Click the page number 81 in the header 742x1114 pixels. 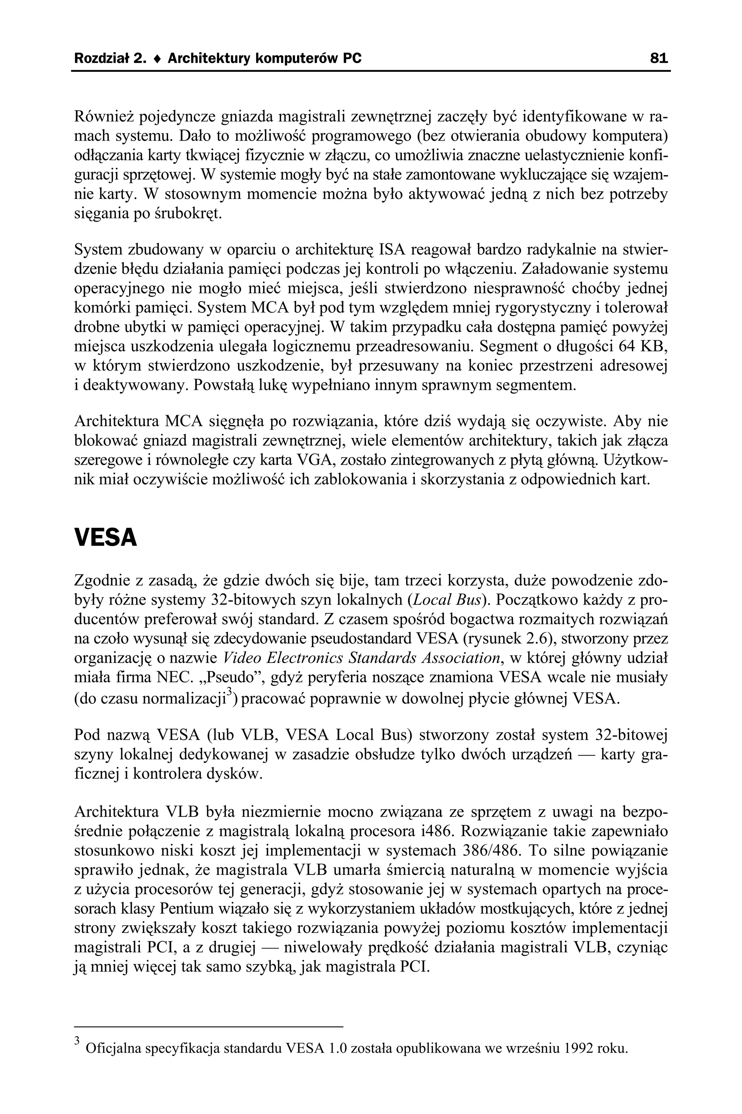pos(659,58)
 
